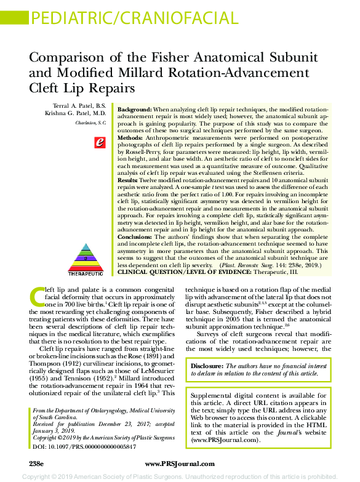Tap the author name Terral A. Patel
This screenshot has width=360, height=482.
pyautogui.click(x=81, y=106)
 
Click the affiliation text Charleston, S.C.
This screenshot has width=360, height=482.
pyautogui.click(x=90, y=123)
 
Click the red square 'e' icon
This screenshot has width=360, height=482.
pyautogui.click(x=99, y=143)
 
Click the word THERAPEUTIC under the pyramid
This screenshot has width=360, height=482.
pyautogui.click(x=86, y=272)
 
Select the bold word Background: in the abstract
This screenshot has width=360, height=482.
pyautogui.click(x=135, y=108)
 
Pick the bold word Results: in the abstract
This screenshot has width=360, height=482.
pyautogui.click(x=129, y=180)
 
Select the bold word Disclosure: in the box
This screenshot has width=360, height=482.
pyautogui.click(x=207, y=366)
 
